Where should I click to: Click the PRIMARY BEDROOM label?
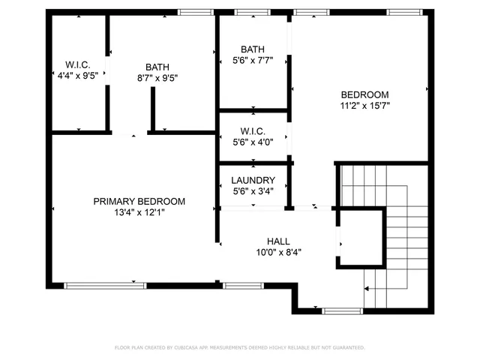(x=139, y=201)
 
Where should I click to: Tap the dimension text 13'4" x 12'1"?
(x=139, y=212)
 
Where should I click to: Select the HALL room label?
(x=278, y=241)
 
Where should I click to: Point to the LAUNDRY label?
(x=253, y=180)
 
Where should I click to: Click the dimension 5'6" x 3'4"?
(x=253, y=190)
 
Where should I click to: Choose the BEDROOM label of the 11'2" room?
(x=364, y=94)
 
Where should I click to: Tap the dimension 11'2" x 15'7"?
(x=364, y=106)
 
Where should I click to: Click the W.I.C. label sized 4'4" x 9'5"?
(x=77, y=64)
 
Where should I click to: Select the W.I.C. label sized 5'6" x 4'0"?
(x=253, y=130)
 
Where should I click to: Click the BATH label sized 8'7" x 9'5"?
(x=157, y=67)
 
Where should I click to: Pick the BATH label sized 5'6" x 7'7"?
(x=253, y=49)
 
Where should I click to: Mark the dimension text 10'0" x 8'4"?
(x=278, y=252)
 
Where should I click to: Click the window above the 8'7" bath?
(x=193, y=12)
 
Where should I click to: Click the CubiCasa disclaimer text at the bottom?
(x=239, y=347)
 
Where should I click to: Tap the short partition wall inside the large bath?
(x=153, y=109)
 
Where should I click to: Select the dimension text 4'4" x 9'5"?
(x=77, y=76)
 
